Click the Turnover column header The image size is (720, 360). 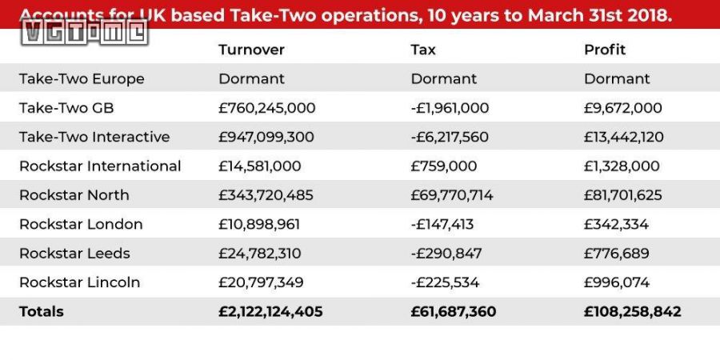click(x=251, y=50)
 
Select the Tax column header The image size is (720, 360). click(x=423, y=50)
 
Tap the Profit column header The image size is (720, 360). click(x=605, y=50)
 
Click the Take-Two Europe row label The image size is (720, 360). click(x=82, y=78)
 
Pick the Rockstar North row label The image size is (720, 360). click(x=74, y=195)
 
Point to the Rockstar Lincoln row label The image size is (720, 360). click(x=79, y=282)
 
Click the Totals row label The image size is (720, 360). click(x=42, y=311)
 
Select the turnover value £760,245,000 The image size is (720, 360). click(x=267, y=108)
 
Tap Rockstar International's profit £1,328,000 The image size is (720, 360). click(x=622, y=166)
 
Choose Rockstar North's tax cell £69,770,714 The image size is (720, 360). click(x=452, y=195)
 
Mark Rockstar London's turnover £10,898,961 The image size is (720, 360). click(x=261, y=224)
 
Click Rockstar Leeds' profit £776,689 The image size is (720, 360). click(x=617, y=254)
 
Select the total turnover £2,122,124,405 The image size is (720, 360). click(x=270, y=311)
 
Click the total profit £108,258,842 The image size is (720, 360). click(x=633, y=311)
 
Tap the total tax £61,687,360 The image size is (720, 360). click(x=454, y=311)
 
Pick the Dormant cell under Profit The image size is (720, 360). click(x=617, y=78)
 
